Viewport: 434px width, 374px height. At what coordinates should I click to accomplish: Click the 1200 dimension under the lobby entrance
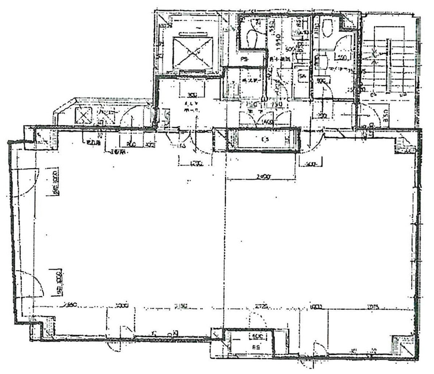coord(191,163)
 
